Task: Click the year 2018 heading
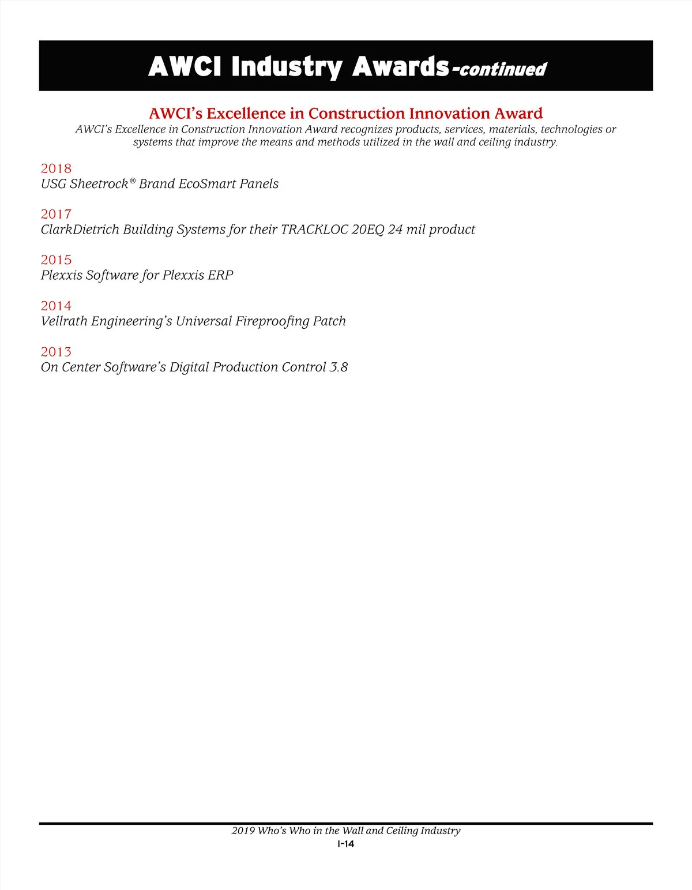click(x=56, y=168)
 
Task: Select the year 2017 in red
click(x=56, y=214)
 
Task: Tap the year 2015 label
click(x=56, y=260)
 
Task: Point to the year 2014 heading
click(x=56, y=306)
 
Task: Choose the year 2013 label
click(x=56, y=352)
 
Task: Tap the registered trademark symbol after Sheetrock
click(x=133, y=182)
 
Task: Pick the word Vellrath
click(x=64, y=321)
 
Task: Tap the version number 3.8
click(x=339, y=367)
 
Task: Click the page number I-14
click(x=346, y=844)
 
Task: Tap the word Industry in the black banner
click(x=287, y=67)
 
